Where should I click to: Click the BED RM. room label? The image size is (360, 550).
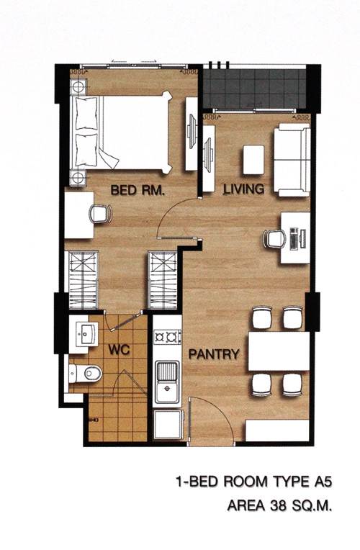pos(138,190)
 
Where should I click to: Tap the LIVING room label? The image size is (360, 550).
pos(244,189)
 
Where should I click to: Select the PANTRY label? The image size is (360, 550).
pos(214,354)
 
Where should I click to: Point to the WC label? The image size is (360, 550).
pos(119,349)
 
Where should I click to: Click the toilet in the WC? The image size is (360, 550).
pos(85,373)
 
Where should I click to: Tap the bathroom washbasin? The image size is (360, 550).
pos(87,334)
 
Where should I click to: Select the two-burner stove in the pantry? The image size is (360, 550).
pos(167,337)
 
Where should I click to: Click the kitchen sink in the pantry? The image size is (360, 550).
pos(167,382)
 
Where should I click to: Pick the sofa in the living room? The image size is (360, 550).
pos(292,160)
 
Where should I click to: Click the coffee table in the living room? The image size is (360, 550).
pos(253,160)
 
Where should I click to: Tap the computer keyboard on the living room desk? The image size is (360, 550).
pos(293,238)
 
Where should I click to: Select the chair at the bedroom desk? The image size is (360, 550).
pos(101,214)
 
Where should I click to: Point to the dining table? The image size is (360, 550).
pos(279,351)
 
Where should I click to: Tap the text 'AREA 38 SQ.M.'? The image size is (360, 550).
pos(279,505)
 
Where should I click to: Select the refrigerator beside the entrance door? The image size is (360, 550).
pos(168,425)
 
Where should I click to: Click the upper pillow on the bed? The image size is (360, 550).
pos(86,113)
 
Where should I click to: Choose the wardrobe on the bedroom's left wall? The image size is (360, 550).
pos(83,280)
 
